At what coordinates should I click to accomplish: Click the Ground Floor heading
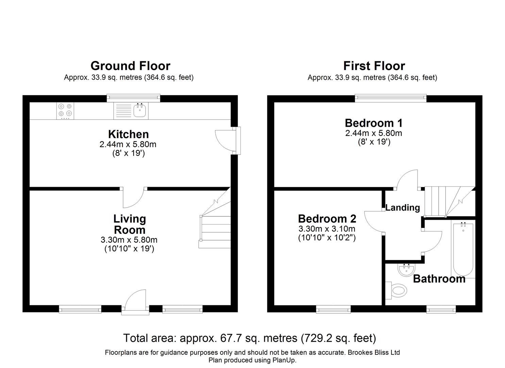click(x=130, y=65)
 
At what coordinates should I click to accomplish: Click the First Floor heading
click(x=374, y=65)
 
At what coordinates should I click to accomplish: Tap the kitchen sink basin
click(x=140, y=110)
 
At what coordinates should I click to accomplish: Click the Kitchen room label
click(x=128, y=134)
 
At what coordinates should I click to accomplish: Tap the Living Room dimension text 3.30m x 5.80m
click(x=129, y=240)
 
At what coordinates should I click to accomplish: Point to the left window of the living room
click(x=80, y=309)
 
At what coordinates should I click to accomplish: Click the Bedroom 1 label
click(x=373, y=123)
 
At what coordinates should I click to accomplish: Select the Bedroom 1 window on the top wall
click(x=390, y=98)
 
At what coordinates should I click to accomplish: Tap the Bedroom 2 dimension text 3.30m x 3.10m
click(x=327, y=229)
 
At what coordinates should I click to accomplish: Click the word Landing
click(x=402, y=208)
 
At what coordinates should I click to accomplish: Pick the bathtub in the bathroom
click(x=463, y=249)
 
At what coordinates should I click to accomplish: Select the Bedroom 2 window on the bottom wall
click(x=333, y=309)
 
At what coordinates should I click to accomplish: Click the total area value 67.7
click(x=228, y=338)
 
